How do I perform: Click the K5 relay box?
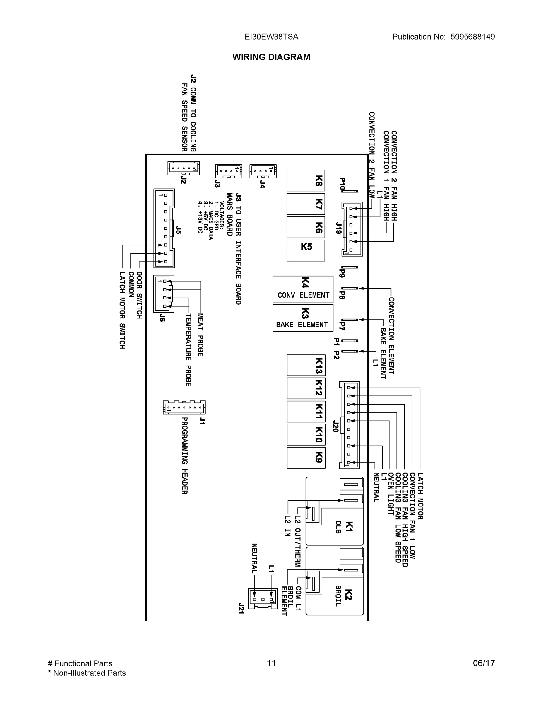[306, 250]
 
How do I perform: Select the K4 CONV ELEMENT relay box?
[303, 289]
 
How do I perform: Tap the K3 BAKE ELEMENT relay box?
[303, 318]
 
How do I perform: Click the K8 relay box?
[306, 180]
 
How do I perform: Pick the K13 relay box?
[306, 365]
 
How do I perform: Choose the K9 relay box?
[306, 458]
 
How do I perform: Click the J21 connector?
[263, 599]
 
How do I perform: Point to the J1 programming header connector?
[184, 407]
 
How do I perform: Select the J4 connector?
[263, 171]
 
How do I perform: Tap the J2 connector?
[183, 168]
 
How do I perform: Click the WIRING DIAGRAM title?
[271, 57]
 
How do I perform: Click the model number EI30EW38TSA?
[271, 37]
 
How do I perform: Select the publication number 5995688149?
[472, 37]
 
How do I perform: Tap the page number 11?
[271, 663]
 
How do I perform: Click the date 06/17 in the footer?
[484, 663]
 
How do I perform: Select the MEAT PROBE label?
[200, 335]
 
